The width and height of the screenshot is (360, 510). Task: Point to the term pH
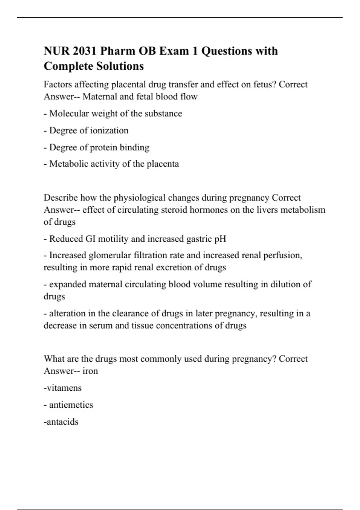click(x=220, y=239)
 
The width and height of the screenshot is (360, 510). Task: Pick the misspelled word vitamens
click(x=63, y=388)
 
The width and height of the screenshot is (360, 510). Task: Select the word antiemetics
click(x=71, y=405)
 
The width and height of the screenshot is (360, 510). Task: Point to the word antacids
click(x=62, y=422)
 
